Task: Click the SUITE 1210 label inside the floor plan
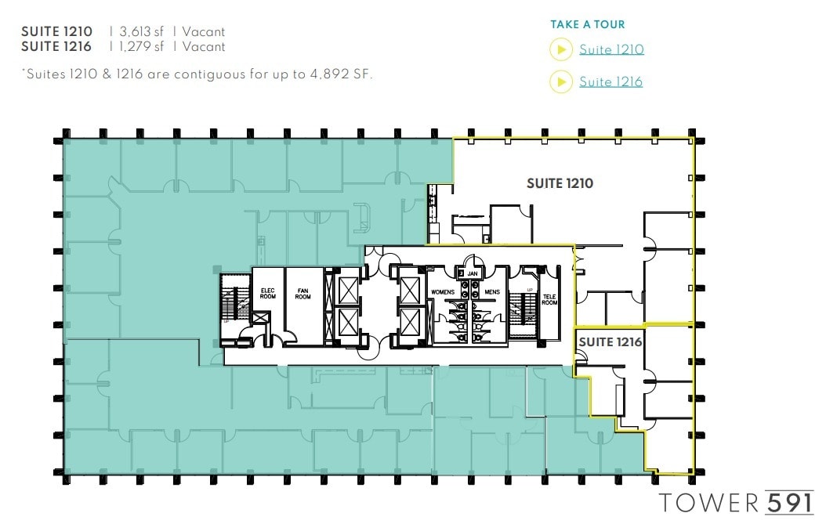tap(560, 183)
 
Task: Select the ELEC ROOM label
tap(267, 294)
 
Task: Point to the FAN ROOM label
tap(303, 294)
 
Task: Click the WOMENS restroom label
tap(443, 292)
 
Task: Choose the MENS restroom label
tap(491, 292)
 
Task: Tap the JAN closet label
tap(472, 273)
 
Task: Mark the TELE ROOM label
tap(549, 299)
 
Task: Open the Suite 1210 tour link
tap(611, 50)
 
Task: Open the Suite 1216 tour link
tap(610, 81)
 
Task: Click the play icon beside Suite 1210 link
tap(561, 50)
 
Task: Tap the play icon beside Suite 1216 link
tap(561, 81)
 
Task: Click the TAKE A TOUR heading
tap(587, 25)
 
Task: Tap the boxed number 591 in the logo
tap(789, 501)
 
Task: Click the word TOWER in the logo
tap(708, 501)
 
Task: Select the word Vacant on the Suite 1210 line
tap(204, 32)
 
